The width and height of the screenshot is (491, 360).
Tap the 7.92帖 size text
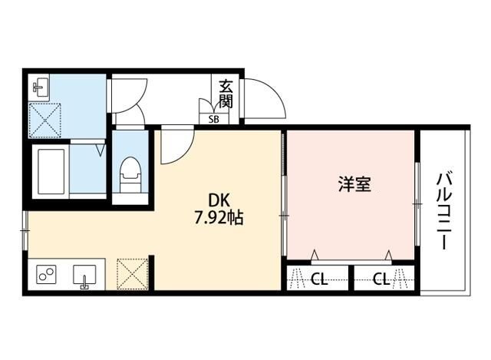[x=218, y=219]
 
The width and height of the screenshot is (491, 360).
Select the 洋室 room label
[x=355, y=185]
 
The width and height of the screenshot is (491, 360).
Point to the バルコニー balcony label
[x=443, y=209]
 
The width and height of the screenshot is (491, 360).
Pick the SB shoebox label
[x=213, y=118]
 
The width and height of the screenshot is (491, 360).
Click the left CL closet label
[x=319, y=279]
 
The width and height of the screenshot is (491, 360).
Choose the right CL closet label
[x=381, y=279]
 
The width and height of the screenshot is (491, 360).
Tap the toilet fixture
[x=130, y=175]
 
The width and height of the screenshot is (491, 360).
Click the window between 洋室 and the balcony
[x=418, y=196]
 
